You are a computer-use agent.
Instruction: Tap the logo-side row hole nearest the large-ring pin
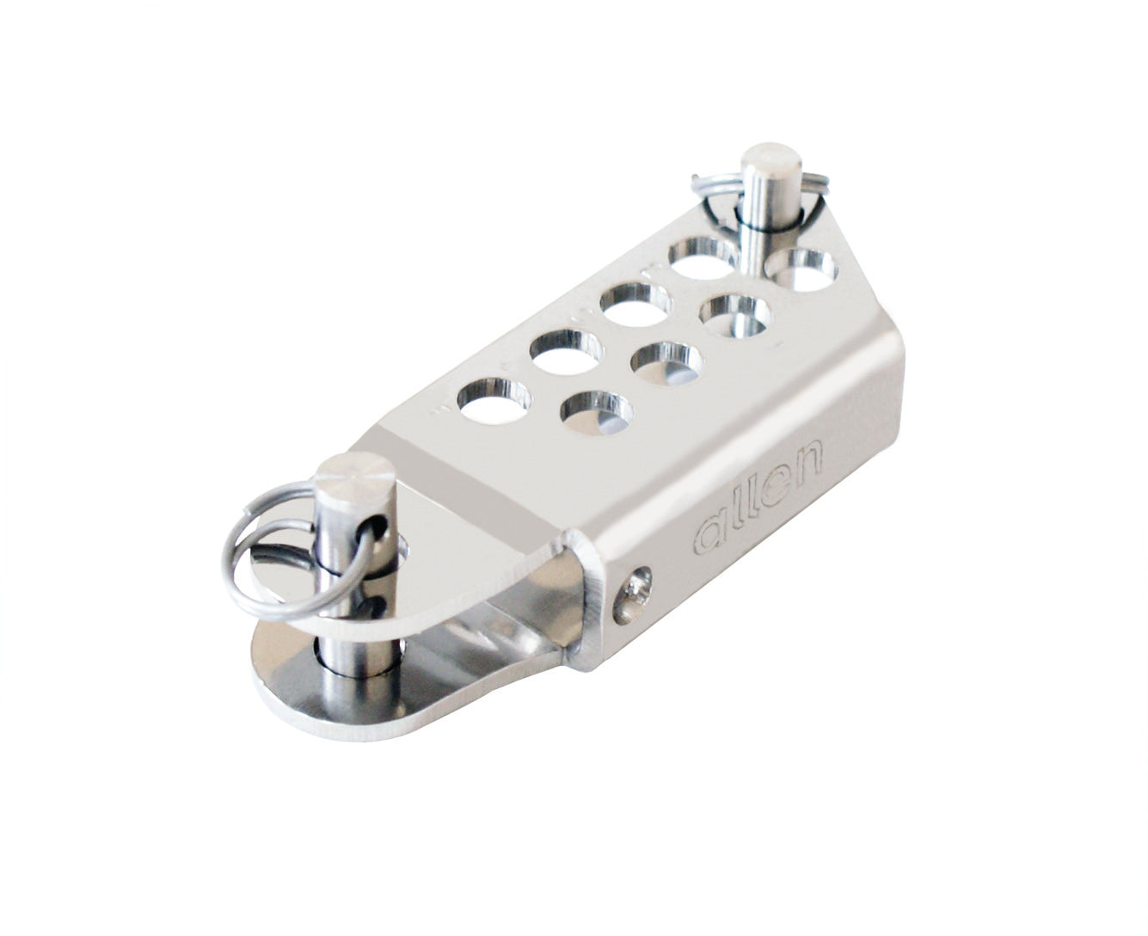(591, 414)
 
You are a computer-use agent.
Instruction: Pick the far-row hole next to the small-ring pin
(703, 257)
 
